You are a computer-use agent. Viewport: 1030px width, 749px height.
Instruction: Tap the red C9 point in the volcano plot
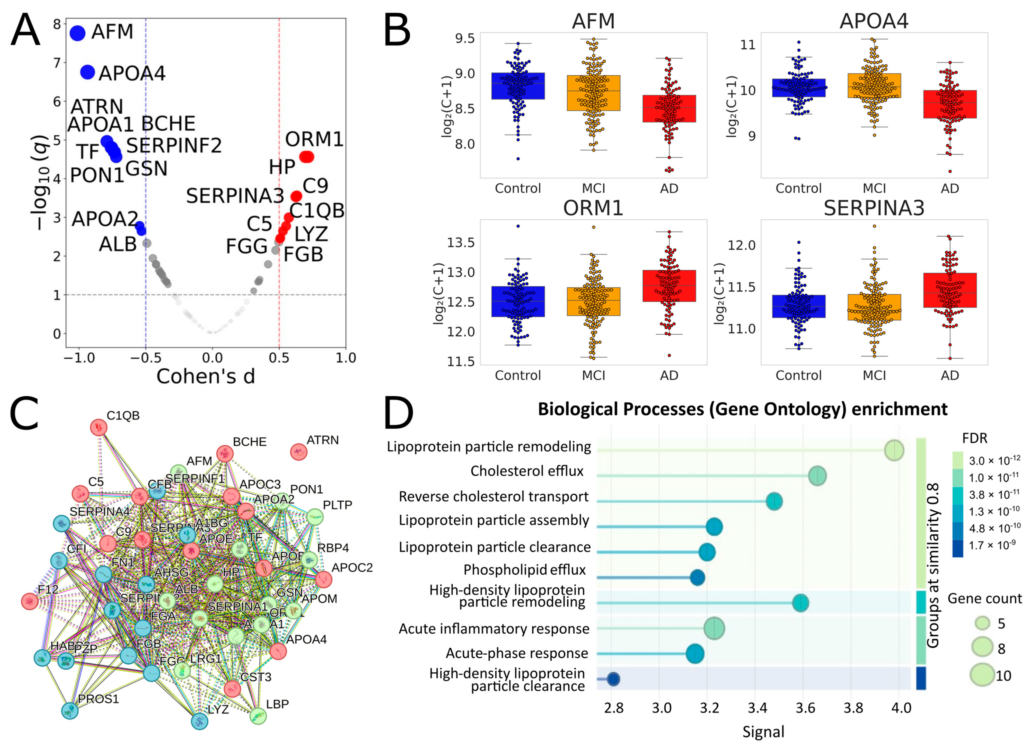point(296,196)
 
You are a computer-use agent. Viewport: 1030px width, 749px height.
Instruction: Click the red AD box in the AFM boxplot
point(669,108)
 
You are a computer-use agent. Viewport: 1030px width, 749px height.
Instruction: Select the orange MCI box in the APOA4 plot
point(874,86)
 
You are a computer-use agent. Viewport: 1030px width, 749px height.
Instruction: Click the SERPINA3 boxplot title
point(874,208)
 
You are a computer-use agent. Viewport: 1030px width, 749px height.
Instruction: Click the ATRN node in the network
point(298,452)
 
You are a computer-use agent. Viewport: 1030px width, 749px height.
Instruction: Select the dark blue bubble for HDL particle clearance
point(613,679)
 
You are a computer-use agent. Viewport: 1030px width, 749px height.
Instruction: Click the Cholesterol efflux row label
point(527,471)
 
